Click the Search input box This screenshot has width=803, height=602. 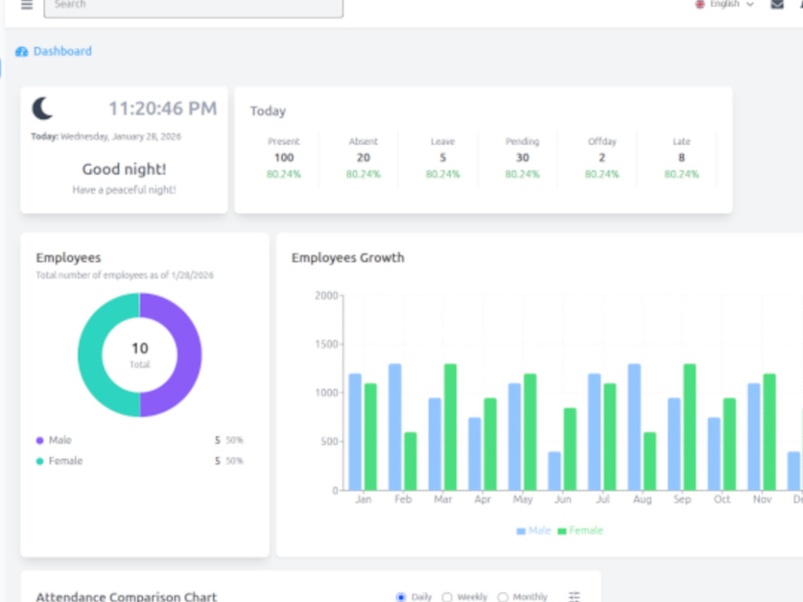(194, 6)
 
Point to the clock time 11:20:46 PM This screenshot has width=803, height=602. (163, 108)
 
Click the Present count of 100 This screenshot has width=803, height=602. (283, 157)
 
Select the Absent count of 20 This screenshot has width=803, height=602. (363, 157)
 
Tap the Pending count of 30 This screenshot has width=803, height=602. (523, 157)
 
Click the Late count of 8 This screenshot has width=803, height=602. (682, 157)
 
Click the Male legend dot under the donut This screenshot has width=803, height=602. (39, 440)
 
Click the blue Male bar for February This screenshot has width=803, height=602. (395, 427)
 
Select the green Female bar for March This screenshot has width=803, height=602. (450, 427)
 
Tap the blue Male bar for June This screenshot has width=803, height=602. (555, 471)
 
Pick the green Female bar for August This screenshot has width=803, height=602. (650, 462)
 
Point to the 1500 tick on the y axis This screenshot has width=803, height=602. (326, 344)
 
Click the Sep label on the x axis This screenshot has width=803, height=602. (682, 498)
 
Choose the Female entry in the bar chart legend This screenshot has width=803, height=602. (581, 531)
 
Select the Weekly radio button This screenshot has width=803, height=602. (447, 597)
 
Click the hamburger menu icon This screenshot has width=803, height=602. (26, 5)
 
